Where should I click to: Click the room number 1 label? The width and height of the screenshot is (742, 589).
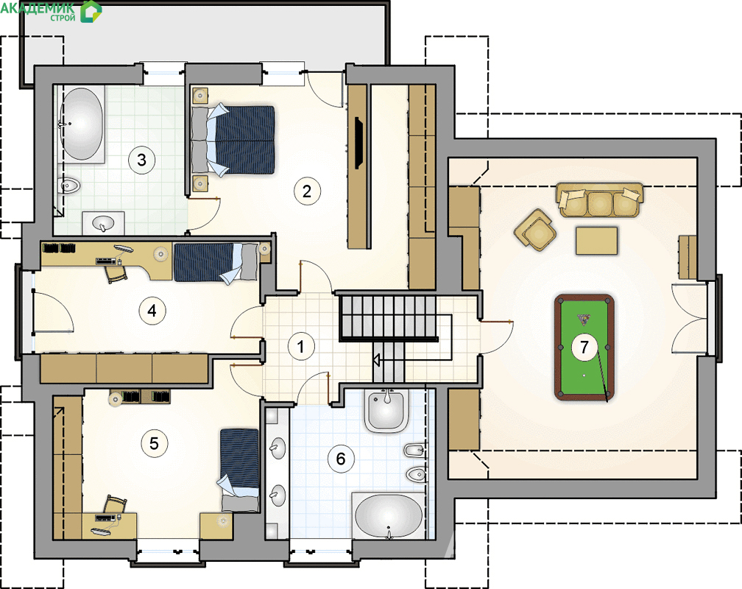coord(301,347)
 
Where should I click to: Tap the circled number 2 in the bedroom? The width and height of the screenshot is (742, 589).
coord(307,191)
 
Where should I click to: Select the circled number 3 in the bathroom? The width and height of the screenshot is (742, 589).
coord(141,160)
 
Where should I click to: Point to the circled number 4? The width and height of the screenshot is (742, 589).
coord(152,311)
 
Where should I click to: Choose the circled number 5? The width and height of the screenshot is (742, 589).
coord(155,443)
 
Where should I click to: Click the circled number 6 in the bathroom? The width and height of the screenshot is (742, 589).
coord(341,459)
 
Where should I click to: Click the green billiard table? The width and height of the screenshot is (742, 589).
coord(584,348)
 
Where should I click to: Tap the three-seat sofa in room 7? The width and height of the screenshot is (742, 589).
coord(600,200)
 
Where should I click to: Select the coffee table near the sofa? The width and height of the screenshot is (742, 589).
coord(597,241)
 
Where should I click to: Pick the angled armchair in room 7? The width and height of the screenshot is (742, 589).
coord(535,230)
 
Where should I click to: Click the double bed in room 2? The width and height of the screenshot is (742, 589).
coord(233,140)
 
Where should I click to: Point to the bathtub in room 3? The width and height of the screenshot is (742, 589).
coord(82,124)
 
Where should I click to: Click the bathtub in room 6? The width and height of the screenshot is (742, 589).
coord(389,516)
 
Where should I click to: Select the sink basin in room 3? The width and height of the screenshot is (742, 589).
coord(103,222)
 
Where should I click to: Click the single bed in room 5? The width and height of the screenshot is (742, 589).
coord(239,470)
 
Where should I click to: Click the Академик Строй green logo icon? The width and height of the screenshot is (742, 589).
coord(91,12)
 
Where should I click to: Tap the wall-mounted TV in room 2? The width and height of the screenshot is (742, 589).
coord(358,143)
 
